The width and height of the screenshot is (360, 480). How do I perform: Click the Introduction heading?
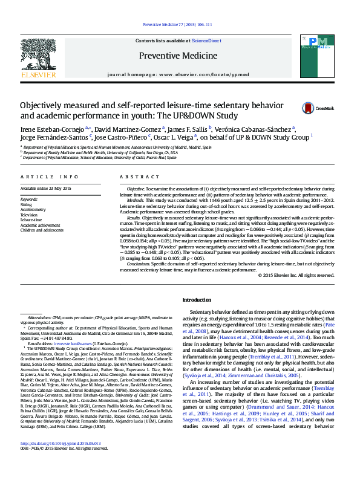(197, 300)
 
